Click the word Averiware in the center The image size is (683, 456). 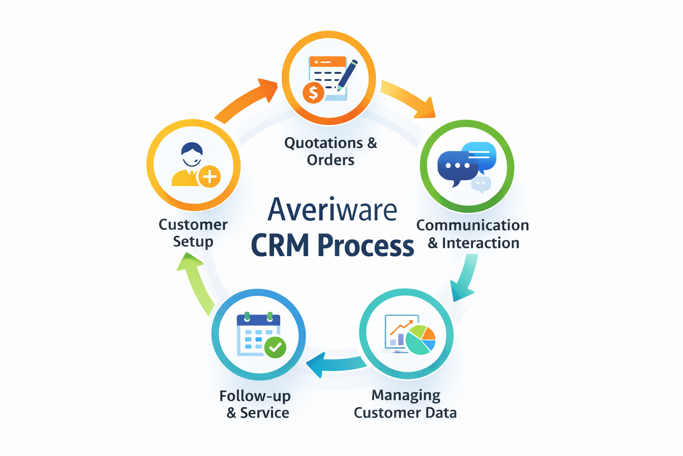(x=332, y=209)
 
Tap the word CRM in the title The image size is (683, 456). (x=280, y=245)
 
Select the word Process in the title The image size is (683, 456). (x=366, y=245)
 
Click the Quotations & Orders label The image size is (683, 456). (x=330, y=151)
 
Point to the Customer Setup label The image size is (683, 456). (x=193, y=233)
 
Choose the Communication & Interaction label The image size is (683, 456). (x=473, y=234)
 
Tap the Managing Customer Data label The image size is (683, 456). (x=405, y=404)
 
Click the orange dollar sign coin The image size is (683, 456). (x=313, y=93)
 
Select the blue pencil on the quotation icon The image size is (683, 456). (x=347, y=74)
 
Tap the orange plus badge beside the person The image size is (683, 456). (x=209, y=177)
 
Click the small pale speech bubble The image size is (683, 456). (x=481, y=183)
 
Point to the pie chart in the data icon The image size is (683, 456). (x=421, y=340)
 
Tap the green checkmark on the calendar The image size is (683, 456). (x=275, y=346)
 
